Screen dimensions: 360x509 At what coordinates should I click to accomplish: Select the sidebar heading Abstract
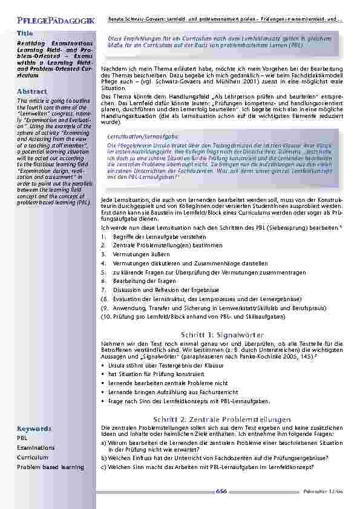[x=32, y=91]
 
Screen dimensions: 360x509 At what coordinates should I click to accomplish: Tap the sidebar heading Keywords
[x=34, y=429]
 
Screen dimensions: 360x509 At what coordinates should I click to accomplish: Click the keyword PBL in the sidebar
[x=22, y=438]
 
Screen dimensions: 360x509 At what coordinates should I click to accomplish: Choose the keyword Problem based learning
[x=50, y=467]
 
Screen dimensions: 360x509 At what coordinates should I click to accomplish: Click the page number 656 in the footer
[x=221, y=492]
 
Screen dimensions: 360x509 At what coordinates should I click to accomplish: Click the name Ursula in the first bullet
[x=118, y=366]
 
